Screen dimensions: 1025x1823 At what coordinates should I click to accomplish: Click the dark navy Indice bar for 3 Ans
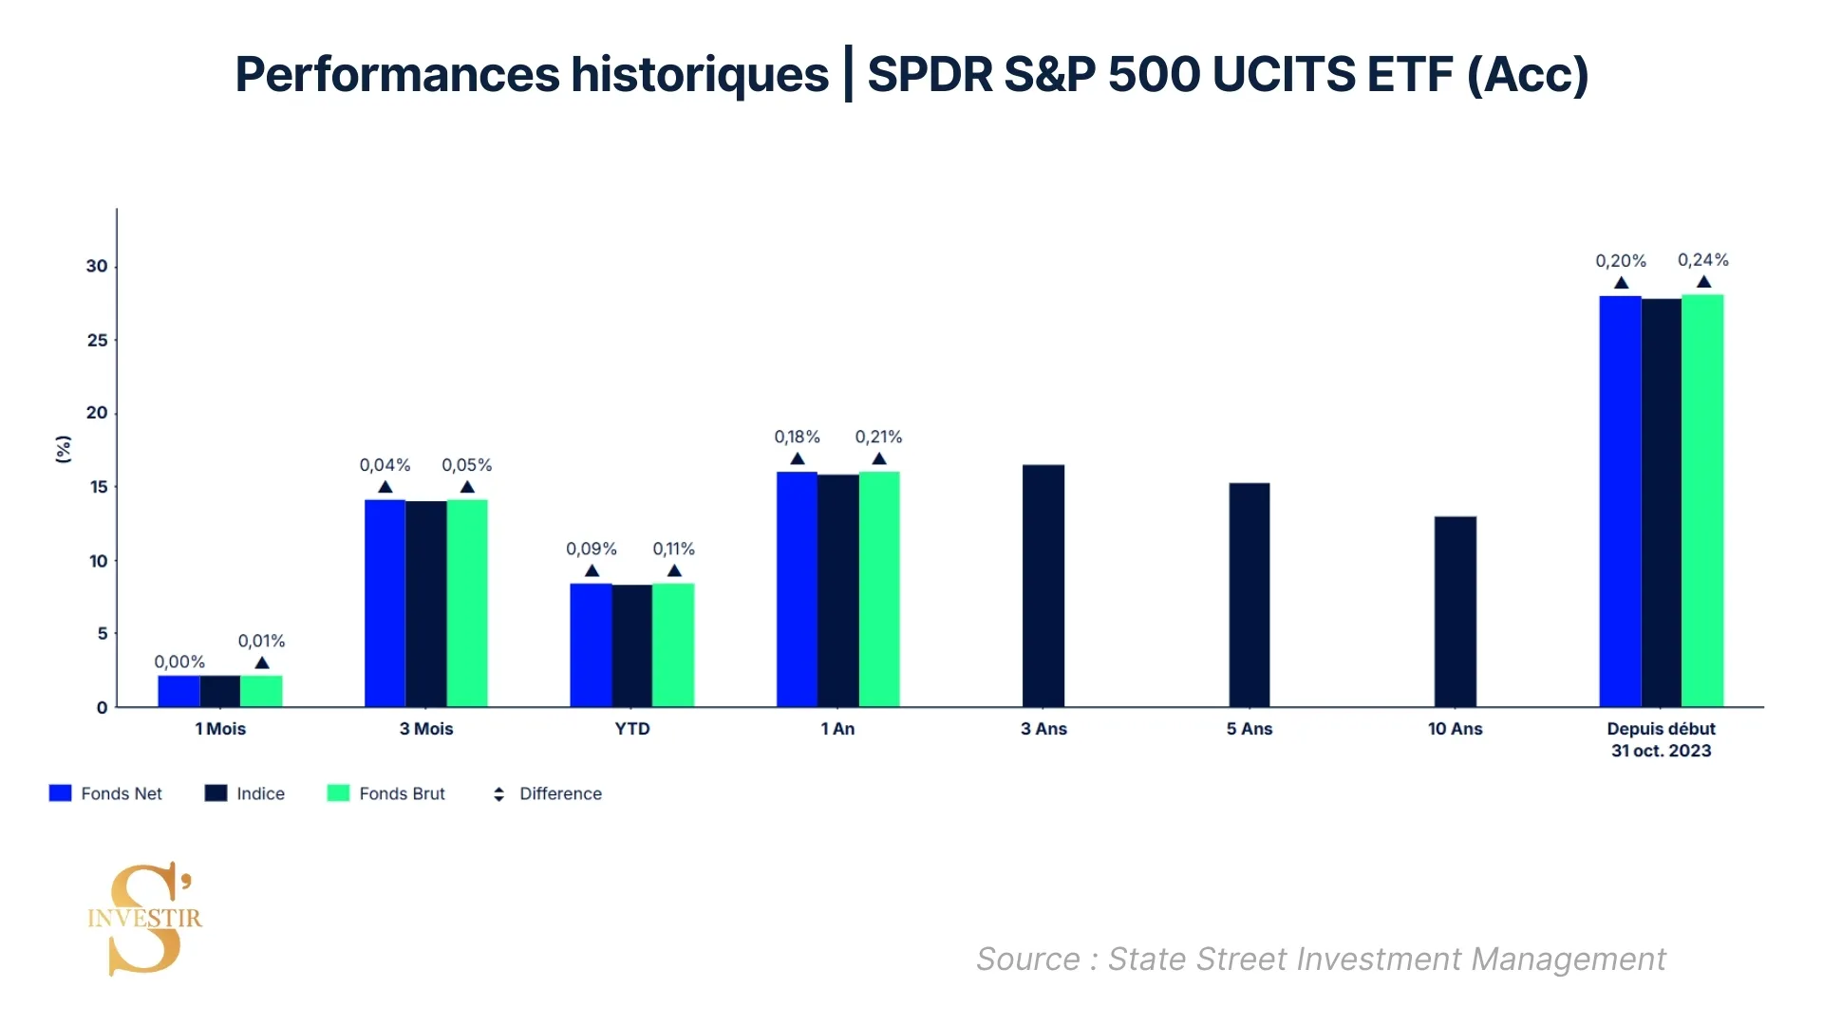[x=1043, y=586]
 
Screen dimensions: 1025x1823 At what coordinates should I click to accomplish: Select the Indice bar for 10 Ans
[x=1455, y=611]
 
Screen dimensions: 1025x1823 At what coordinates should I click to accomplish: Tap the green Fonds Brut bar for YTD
[x=673, y=644]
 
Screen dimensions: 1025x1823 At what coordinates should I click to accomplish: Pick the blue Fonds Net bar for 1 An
[x=797, y=589]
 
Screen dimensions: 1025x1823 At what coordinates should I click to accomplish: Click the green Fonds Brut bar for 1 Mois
[x=261, y=691]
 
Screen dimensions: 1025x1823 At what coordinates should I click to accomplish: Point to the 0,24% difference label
[x=1702, y=260]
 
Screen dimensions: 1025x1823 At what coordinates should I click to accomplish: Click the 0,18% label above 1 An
[x=797, y=437]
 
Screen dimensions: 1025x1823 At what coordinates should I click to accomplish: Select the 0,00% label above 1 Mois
[x=179, y=662]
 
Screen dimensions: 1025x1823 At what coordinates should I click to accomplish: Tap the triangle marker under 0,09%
[x=592, y=570]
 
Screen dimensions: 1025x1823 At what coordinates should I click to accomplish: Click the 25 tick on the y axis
[x=98, y=340]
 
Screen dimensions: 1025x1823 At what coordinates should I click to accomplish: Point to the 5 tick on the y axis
[x=103, y=633]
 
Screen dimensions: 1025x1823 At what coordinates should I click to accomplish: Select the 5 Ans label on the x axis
[x=1249, y=729]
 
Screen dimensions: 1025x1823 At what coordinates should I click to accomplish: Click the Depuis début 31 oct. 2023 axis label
[x=1661, y=739]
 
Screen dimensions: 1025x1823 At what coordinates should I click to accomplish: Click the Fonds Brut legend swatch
[x=338, y=793]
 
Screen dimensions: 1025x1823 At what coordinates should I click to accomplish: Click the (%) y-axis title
[x=64, y=449]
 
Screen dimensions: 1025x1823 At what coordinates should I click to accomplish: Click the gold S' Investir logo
[x=145, y=918]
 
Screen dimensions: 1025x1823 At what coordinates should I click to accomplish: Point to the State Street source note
[x=1320, y=959]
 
